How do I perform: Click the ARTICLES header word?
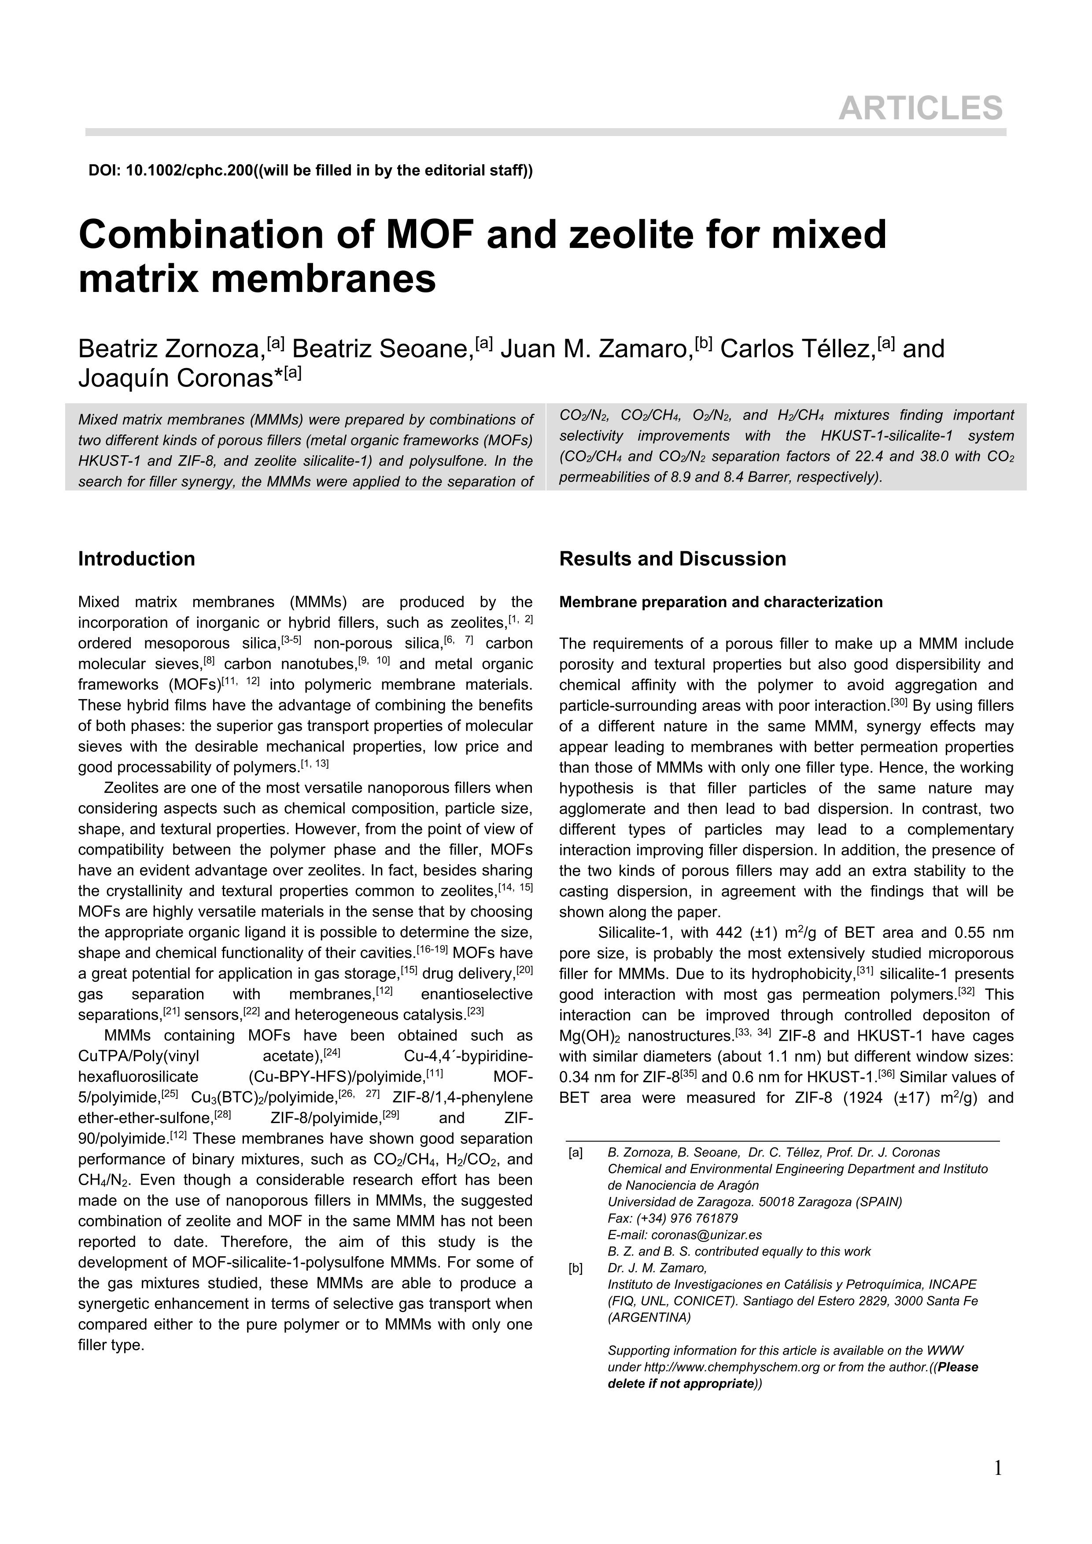[920, 107]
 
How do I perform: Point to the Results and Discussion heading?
[672, 559]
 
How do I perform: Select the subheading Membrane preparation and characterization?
[721, 602]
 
